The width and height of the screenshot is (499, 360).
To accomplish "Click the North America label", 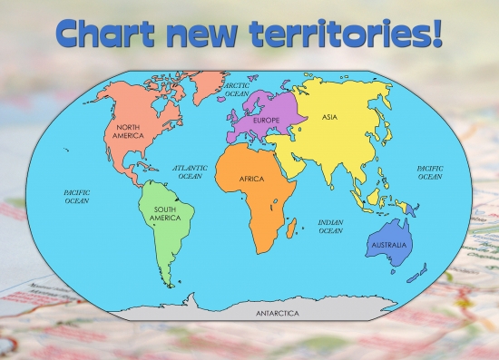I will click(129, 131).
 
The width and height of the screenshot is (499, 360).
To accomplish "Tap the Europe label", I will click(266, 121).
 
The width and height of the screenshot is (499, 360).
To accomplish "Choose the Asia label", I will click(331, 117).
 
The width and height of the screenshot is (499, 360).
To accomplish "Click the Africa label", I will click(251, 180).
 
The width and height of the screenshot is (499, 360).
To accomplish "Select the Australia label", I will click(390, 245).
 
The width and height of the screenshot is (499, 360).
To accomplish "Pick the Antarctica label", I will click(277, 313).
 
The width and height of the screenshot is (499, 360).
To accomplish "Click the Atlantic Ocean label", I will click(190, 172).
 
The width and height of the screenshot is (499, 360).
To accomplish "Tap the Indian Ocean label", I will click(330, 227).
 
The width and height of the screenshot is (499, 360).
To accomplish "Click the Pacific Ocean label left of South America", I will click(76, 196).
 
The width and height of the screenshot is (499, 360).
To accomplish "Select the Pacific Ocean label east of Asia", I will click(429, 172).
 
